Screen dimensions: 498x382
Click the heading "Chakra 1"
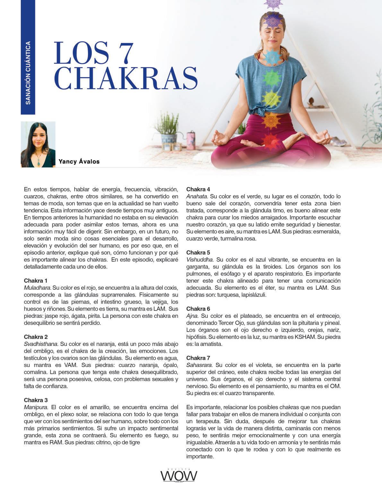click(36, 280)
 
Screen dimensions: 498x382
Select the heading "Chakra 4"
click(198, 189)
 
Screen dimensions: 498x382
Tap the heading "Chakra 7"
click(198, 358)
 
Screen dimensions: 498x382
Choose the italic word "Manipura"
click(36, 407)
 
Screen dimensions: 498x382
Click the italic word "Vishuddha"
click(200, 259)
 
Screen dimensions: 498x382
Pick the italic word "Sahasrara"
click(199, 365)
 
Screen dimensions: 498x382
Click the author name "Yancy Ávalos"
click(79, 161)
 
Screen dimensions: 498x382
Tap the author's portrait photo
click(38, 144)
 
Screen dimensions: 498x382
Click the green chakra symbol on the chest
click(272, 77)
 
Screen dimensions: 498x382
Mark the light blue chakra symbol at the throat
click(272, 56)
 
